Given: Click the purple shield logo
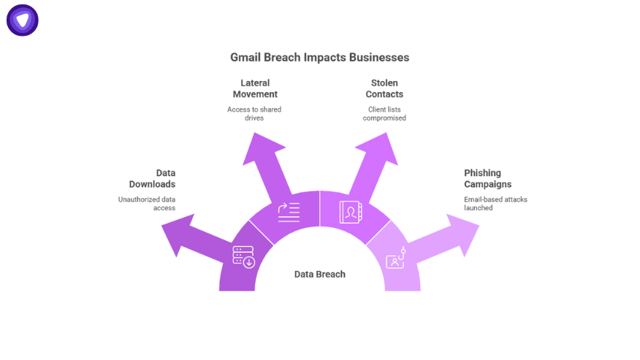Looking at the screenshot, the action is (23, 20).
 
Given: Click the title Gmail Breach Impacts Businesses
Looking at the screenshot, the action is (319, 57).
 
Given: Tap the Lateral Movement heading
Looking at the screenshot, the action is (255, 88).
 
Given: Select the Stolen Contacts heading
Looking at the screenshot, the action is (384, 88).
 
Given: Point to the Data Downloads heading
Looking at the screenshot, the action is (152, 179).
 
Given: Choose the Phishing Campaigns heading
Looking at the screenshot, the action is (487, 179).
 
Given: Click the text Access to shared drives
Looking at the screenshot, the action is (254, 113).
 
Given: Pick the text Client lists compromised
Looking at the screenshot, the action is (384, 113).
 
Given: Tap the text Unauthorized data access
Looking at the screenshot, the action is (147, 203).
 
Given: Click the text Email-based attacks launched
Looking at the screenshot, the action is (495, 203).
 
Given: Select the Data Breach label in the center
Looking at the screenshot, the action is (319, 275).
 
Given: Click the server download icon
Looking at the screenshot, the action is (243, 256).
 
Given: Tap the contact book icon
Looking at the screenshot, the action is (351, 212).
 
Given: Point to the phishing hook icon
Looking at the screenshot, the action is (396, 257).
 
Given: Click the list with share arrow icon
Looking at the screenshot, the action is (289, 212).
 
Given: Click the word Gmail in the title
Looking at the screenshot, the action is (245, 57).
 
